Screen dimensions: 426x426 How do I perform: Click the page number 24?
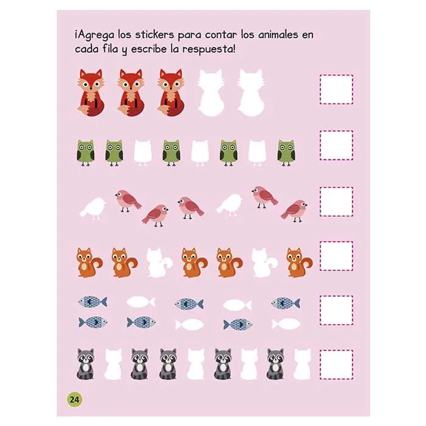[x=74, y=399]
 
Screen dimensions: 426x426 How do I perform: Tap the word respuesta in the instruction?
[x=207, y=49]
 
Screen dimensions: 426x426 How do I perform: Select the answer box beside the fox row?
[x=337, y=89]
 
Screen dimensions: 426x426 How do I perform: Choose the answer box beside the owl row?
[x=337, y=146]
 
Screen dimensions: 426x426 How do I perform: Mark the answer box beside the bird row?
[x=337, y=202]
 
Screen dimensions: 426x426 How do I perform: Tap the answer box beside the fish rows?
[x=337, y=310]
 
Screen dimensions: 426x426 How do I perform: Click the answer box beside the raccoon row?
[x=337, y=365]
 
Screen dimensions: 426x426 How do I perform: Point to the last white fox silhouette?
[x=251, y=93]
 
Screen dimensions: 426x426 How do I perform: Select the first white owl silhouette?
[x=142, y=153]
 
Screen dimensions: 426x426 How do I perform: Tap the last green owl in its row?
[x=286, y=153]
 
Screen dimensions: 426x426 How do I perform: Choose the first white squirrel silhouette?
[x=159, y=263]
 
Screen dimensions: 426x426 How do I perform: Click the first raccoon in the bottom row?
[x=85, y=364]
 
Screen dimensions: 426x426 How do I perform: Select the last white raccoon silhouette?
[x=302, y=364]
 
